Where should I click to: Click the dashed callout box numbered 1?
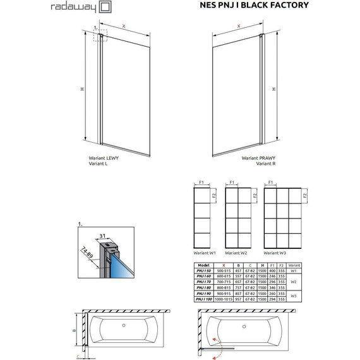tap(100, 36)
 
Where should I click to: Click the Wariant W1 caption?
tap(205, 253)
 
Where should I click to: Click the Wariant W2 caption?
tap(241, 253)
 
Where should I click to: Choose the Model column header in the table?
tap(203, 265)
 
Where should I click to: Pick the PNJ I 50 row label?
tap(203, 271)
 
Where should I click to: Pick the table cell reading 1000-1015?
tap(222, 299)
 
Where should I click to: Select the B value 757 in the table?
tap(238, 288)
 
